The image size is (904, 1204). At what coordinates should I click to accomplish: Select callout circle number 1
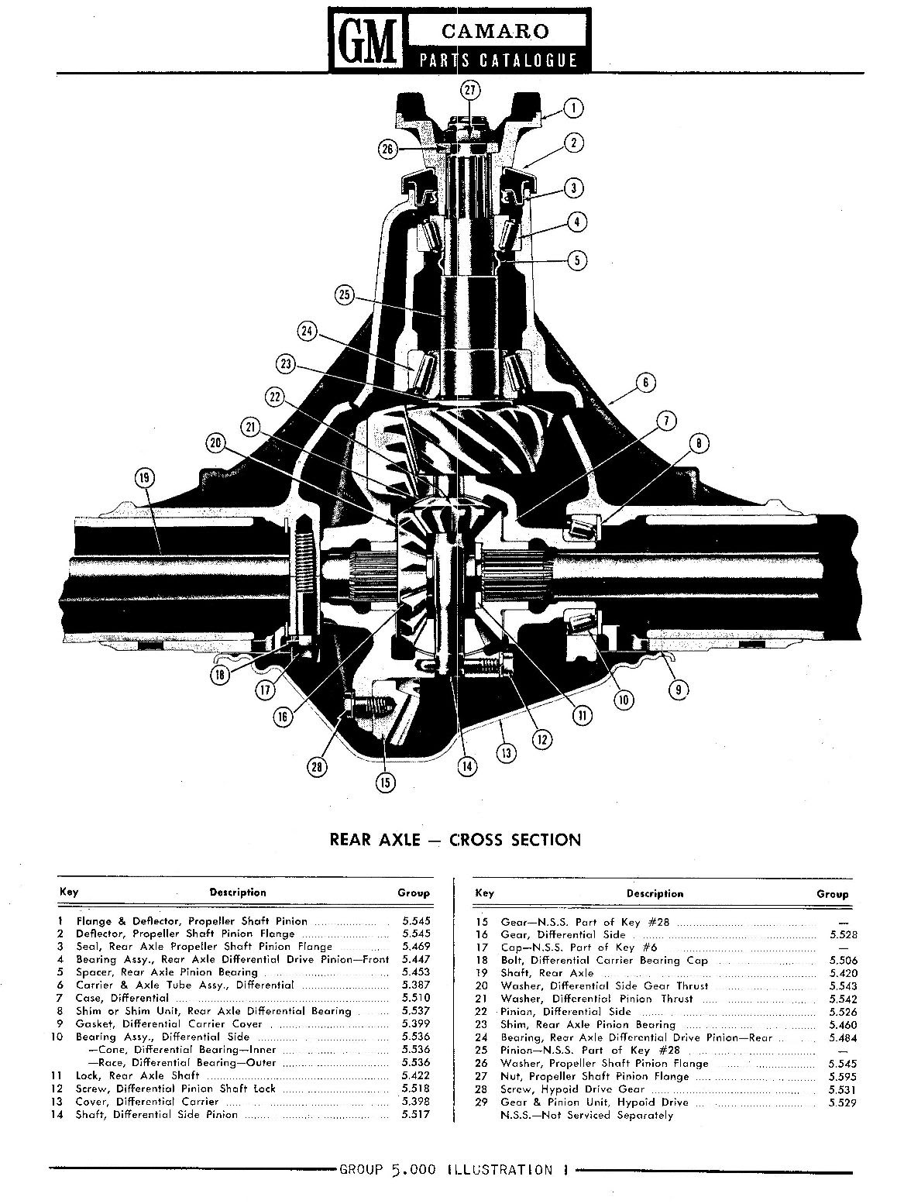[572, 108]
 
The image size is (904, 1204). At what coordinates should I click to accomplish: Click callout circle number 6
[644, 382]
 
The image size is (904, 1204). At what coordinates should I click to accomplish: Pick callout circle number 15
[385, 782]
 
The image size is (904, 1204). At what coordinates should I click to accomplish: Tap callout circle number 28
[317, 767]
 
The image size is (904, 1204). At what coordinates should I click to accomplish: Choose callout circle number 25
[345, 294]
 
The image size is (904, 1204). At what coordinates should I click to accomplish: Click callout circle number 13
[506, 752]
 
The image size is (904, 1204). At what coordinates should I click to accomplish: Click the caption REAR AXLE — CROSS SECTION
[455, 839]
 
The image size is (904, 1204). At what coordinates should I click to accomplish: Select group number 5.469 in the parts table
[415, 946]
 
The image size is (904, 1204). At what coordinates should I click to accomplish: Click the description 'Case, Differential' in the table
[122, 998]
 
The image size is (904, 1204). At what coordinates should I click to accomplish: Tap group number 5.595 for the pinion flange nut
[832, 1076]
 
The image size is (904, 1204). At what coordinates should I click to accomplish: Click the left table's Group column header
[413, 893]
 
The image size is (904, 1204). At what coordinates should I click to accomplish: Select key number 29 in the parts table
[484, 1102]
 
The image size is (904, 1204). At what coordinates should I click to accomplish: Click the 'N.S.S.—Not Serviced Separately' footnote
[587, 1115]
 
